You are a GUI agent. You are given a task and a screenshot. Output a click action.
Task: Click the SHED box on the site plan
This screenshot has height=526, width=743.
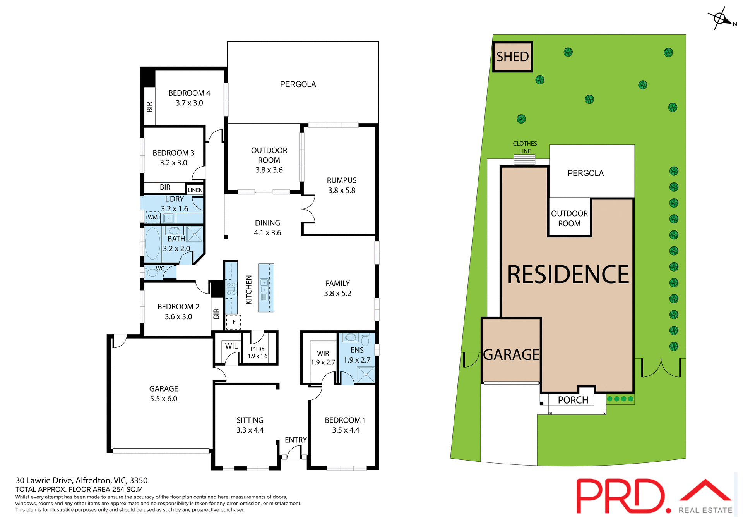pyautogui.click(x=512, y=57)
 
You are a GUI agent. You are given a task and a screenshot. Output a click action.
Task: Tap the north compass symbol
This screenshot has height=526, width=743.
pyautogui.click(x=720, y=19)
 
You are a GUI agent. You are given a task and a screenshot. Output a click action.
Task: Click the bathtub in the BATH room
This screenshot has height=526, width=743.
pyautogui.click(x=152, y=243)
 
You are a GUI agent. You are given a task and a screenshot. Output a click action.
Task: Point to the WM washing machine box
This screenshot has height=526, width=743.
pyautogui.click(x=152, y=217)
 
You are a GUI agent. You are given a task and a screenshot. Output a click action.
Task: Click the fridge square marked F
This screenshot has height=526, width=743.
pyautogui.click(x=234, y=322)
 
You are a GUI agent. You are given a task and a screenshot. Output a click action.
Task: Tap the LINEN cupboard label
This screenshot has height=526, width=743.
pyautogui.click(x=195, y=190)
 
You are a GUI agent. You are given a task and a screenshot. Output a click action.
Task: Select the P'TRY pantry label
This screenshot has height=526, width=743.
pyautogui.click(x=257, y=349)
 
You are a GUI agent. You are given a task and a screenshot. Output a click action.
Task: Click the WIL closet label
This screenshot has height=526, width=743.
pyautogui.click(x=231, y=346)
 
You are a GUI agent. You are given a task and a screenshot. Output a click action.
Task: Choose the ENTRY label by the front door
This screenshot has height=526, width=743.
pyautogui.click(x=296, y=440)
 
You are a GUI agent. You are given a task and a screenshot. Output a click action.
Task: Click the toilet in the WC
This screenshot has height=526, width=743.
pyautogui.click(x=151, y=272)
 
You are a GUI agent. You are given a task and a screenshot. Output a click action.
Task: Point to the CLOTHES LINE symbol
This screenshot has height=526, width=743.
pyautogui.click(x=524, y=160)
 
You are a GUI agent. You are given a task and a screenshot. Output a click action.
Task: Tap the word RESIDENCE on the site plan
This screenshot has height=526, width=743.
pyautogui.click(x=568, y=275)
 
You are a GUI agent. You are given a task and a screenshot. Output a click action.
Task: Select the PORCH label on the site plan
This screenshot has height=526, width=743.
pyautogui.click(x=573, y=400)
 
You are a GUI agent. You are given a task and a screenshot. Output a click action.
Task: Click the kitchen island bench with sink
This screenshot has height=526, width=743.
pyautogui.click(x=266, y=288)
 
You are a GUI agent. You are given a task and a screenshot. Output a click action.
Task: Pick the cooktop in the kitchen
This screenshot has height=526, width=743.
pyautogui.click(x=231, y=289)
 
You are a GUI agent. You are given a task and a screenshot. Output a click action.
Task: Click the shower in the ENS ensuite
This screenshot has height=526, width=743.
pyautogui.click(x=366, y=375)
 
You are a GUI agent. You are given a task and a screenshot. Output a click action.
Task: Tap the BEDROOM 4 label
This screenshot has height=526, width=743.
pyautogui.click(x=189, y=93)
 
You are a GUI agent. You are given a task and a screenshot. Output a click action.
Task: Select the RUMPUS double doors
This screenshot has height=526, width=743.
pyautogui.click(x=308, y=209)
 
